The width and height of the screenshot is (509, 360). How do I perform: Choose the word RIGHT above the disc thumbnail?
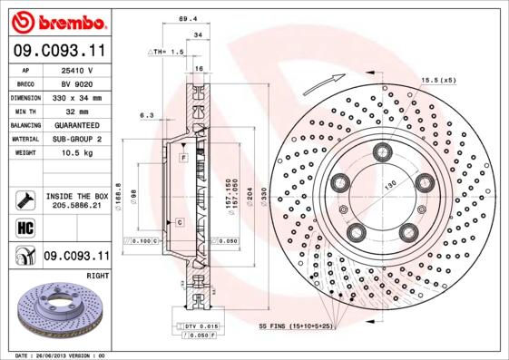pos(97,273)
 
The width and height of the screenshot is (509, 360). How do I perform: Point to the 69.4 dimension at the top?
pos(188,17)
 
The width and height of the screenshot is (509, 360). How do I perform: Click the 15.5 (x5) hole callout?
pos(438,82)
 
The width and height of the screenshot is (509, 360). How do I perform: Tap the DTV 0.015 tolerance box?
pos(196,326)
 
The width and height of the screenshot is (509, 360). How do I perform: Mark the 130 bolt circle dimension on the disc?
pos(391,185)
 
